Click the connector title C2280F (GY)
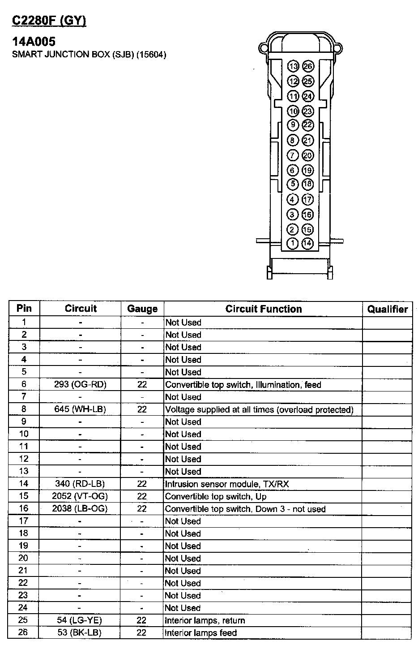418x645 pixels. [49, 21]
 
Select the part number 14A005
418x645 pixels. [34, 42]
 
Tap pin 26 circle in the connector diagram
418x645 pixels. [307, 66]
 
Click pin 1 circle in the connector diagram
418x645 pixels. [292, 243]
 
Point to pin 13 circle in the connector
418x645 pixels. [293, 66]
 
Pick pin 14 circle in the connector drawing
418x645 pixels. [307, 243]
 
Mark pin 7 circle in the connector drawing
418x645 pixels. [292, 155]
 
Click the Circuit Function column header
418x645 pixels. [263, 309]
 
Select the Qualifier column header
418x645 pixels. [387, 309]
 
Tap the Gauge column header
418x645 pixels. [142, 309]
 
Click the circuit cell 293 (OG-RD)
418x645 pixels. [80, 384]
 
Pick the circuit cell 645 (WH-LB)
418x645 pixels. [80, 409]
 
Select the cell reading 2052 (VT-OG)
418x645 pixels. [80, 496]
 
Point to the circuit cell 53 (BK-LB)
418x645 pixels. [80, 632]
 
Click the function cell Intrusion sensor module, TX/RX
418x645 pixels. [230, 484]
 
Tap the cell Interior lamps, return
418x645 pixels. [205, 620]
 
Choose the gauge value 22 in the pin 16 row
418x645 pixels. [142, 508]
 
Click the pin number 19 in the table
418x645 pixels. [24, 546]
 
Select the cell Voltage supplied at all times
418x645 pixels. [259, 409]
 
